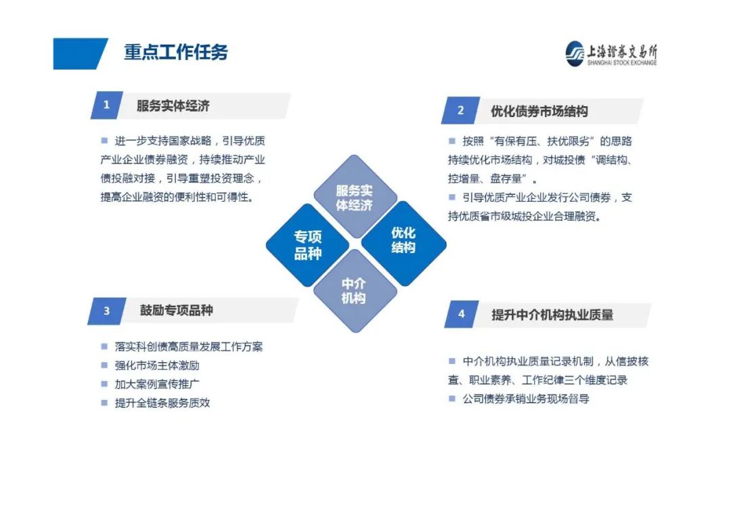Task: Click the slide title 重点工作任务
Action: click(176, 52)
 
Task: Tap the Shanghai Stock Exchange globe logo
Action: click(575, 53)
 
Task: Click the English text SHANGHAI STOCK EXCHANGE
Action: click(622, 63)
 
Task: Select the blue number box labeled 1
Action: click(107, 105)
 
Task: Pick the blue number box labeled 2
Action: click(461, 110)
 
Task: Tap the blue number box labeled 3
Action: click(107, 311)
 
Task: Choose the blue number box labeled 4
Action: click(461, 314)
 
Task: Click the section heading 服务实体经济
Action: click(173, 106)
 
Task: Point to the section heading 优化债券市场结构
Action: click(539, 112)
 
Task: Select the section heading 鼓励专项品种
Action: click(176, 310)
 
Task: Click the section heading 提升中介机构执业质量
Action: click(552, 315)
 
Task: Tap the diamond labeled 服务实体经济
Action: click(355, 197)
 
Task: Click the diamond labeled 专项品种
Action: click(308, 245)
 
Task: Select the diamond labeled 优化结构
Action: click(403, 244)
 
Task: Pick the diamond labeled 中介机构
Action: click(355, 291)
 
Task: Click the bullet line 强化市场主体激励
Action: click(156, 365)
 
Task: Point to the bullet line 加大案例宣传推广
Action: click(156, 384)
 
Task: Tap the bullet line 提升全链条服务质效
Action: click(162, 403)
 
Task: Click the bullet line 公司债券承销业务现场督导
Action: click(525, 399)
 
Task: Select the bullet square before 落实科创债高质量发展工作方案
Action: click(104, 346)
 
